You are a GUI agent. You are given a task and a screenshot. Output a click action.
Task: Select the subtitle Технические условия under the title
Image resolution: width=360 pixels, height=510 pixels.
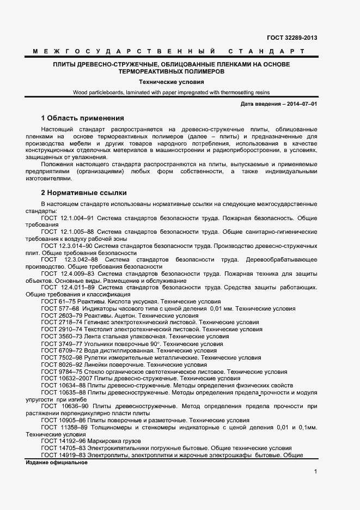tap(180, 82)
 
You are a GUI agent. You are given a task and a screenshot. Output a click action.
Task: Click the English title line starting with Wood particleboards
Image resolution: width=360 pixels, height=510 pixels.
tap(172, 93)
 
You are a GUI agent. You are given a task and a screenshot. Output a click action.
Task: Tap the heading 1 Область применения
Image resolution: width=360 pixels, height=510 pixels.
tap(83, 118)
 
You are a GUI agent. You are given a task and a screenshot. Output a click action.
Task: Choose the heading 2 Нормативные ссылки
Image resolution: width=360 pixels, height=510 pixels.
tap(84, 193)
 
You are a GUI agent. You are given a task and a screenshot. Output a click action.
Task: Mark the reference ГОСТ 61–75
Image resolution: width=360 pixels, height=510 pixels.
tap(58, 301)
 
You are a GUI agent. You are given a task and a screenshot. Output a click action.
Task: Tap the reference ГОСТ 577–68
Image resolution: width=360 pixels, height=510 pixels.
tap(59, 308)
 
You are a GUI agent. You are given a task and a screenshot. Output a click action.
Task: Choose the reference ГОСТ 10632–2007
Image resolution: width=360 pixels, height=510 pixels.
tap(66, 378)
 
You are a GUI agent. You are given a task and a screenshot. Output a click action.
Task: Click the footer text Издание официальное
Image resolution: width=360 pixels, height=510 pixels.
tap(57, 463)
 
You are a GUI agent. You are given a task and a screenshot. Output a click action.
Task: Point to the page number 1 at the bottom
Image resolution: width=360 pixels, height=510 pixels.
tap(315, 472)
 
